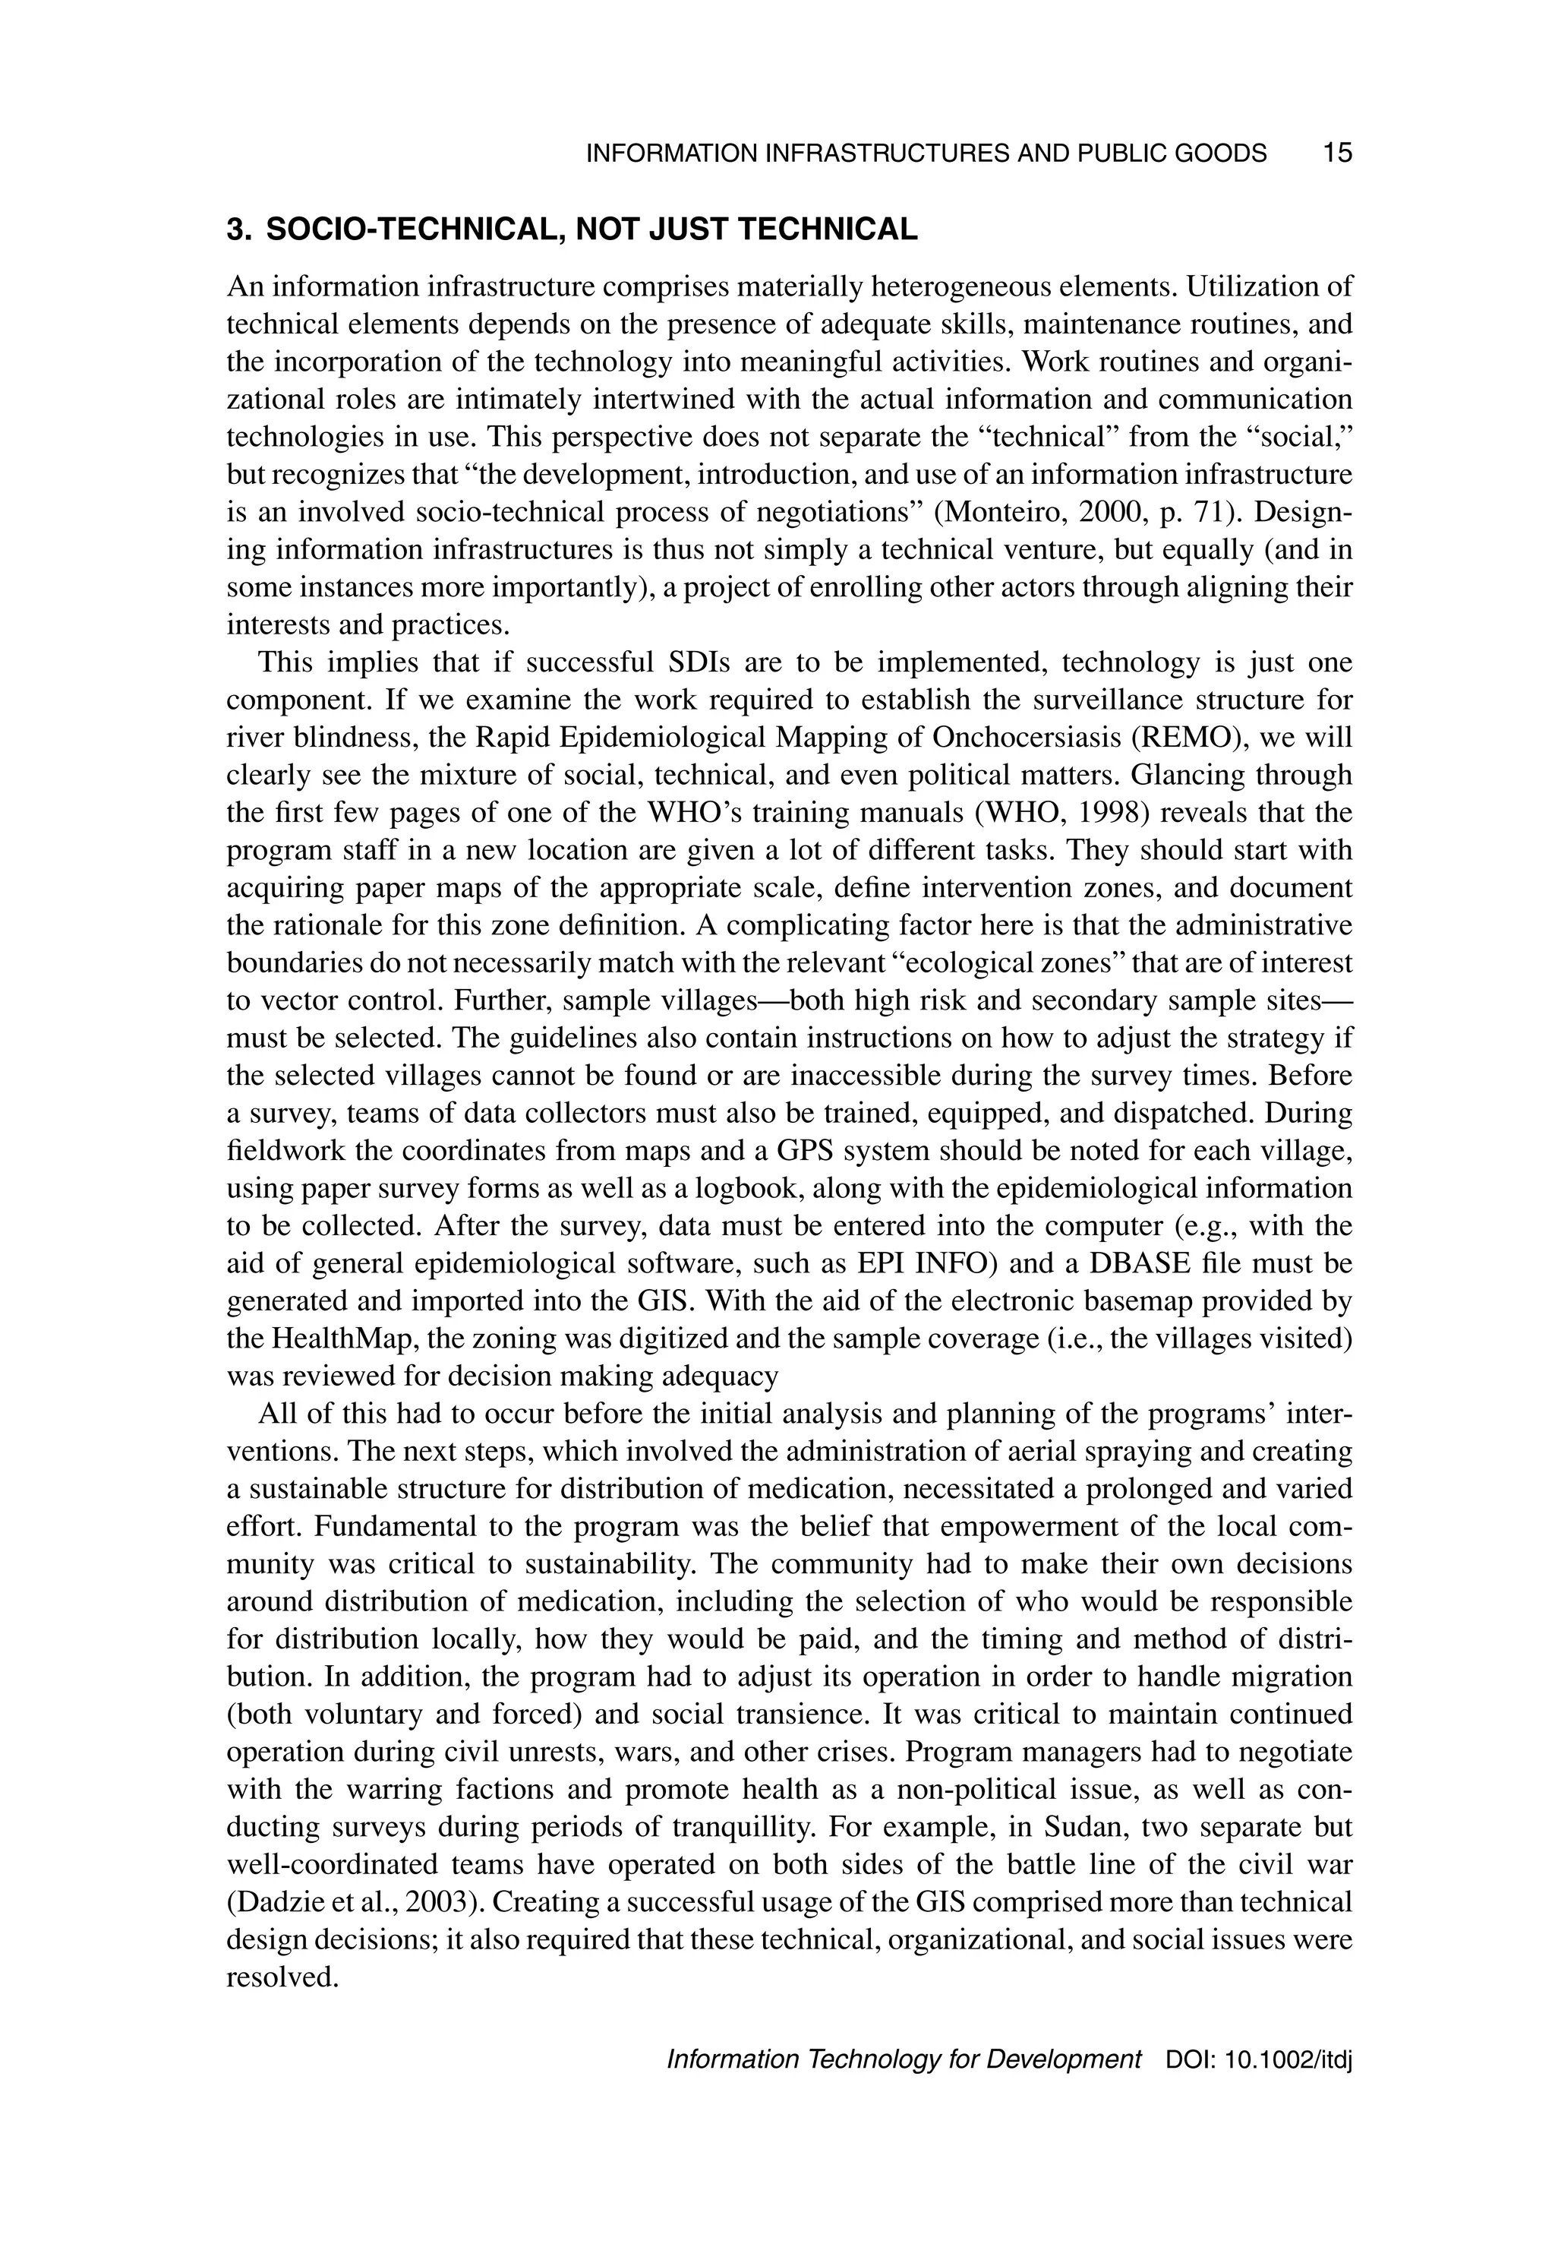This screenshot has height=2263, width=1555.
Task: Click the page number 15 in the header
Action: pyautogui.click(x=1337, y=153)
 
